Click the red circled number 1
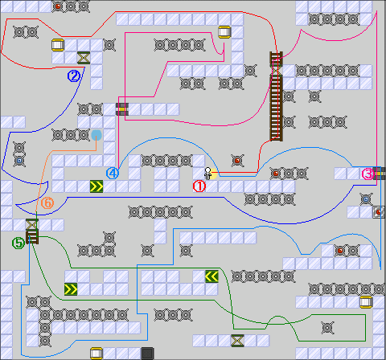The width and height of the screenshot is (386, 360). pyautogui.click(x=199, y=186)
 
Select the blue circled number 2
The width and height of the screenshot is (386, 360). pyautogui.click(x=74, y=76)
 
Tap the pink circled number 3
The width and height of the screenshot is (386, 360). pyautogui.click(x=368, y=174)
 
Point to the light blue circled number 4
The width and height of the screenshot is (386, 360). pyautogui.click(x=113, y=174)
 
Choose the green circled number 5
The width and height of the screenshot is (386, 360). pyautogui.click(x=18, y=243)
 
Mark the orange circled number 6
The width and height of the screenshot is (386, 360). pyautogui.click(x=47, y=202)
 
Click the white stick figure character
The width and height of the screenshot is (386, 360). pyautogui.click(x=207, y=174)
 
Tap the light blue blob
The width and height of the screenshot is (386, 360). pyautogui.click(x=96, y=135)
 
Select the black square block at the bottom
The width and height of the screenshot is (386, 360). pyautogui.click(x=147, y=354)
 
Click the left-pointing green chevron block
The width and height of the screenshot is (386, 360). pyautogui.click(x=211, y=276)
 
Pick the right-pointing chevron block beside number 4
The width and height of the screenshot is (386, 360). pyautogui.click(x=96, y=186)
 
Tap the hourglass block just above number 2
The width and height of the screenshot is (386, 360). pyautogui.click(x=84, y=58)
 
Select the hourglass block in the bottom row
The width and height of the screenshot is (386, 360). pyautogui.click(x=237, y=341)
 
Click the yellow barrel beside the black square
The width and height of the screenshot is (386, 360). pyautogui.click(x=96, y=354)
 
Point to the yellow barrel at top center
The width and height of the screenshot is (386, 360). pyautogui.click(x=224, y=32)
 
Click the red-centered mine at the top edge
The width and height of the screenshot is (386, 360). pyautogui.click(x=58, y=6)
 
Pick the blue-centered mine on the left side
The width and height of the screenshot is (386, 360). pyautogui.click(x=19, y=161)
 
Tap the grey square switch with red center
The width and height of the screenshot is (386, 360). pyautogui.click(x=379, y=212)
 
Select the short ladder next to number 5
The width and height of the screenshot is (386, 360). pyautogui.click(x=32, y=237)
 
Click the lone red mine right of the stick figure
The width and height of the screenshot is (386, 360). pyautogui.click(x=237, y=161)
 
